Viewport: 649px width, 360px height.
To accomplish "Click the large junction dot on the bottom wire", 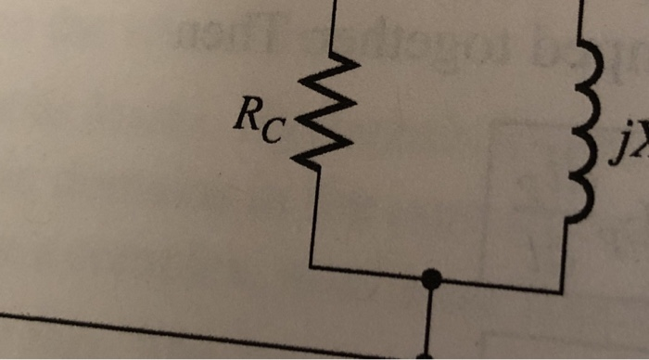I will pos(429,277).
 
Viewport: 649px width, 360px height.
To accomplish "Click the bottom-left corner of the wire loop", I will pos(312,266).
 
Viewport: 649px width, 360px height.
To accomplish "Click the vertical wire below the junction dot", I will pos(427,320).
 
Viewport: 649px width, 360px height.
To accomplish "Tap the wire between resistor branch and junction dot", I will pos(371,272).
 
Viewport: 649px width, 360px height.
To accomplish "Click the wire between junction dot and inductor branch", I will pos(496,285).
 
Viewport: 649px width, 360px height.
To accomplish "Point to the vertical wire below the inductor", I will pos(563,255).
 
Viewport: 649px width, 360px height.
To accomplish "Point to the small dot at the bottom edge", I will pos(426,355).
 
